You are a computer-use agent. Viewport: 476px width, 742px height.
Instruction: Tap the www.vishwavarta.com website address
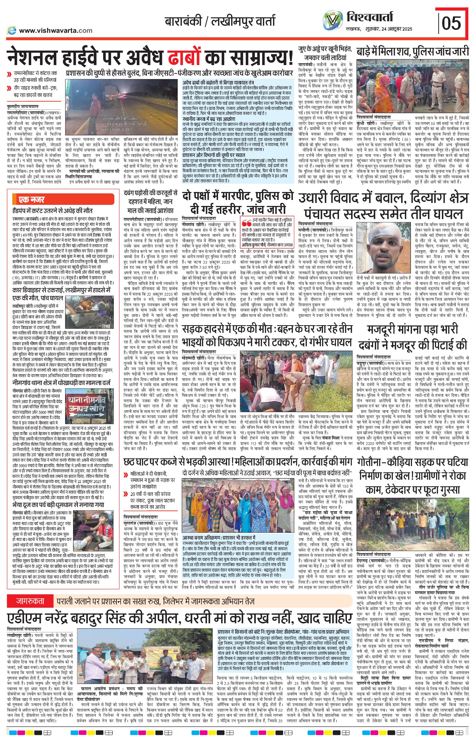tap(56, 31)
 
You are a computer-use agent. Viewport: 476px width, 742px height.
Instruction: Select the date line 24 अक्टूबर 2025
tap(393, 29)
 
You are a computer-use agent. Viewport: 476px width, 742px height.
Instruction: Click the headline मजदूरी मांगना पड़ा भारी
tap(413, 330)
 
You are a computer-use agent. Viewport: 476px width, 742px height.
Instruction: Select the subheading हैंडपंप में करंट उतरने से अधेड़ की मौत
tap(52, 211)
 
